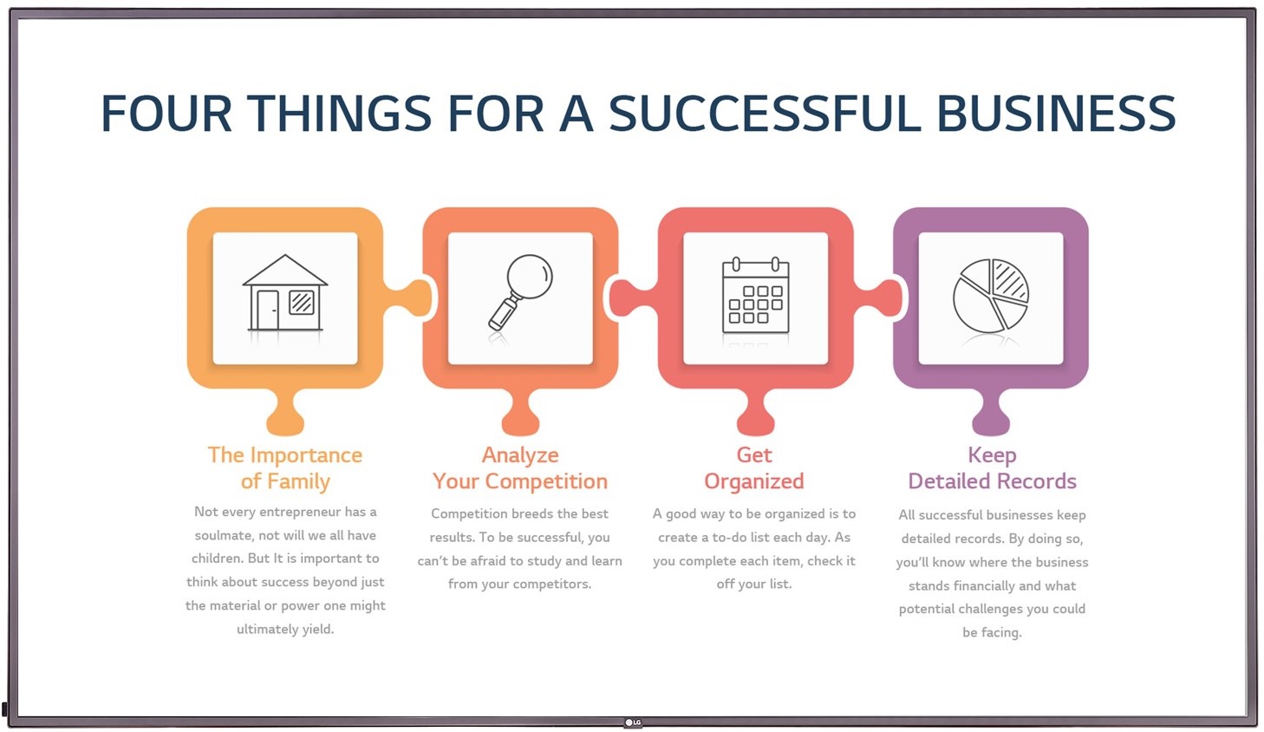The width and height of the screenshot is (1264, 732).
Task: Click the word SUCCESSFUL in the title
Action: pyautogui.click(x=765, y=113)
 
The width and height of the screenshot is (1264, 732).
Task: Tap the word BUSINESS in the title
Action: pyautogui.click(x=1056, y=113)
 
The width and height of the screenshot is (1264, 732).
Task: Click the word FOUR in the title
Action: pyautogui.click(x=166, y=113)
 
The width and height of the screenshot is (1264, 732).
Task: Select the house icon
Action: pyautogui.click(x=285, y=292)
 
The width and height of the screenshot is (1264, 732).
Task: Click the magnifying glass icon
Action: pyautogui.click(x=520, y=291)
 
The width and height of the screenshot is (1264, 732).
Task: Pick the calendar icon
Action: pyautogui.click(x=756, y=295)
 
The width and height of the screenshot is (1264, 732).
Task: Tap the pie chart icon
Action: pyautogui.click(x=991, y=295)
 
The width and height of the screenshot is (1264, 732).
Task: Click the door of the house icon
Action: pyautogui.click(x=268, y=310)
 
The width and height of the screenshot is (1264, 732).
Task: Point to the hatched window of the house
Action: pyautogui.click(x=302, y=302)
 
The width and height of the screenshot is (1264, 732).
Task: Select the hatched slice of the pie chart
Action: pyautogui.click(x=1010, y=279)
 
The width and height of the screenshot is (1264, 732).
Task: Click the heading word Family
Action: pyautogui.click(x=298, y=481)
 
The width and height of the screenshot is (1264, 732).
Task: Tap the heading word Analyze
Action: pyautogui.click(x=520, y=454)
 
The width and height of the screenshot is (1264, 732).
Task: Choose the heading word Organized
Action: pyautogui.click(x=754, y=481)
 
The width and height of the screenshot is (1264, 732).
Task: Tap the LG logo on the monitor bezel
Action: pyautogui.click(x=633, y=722)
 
